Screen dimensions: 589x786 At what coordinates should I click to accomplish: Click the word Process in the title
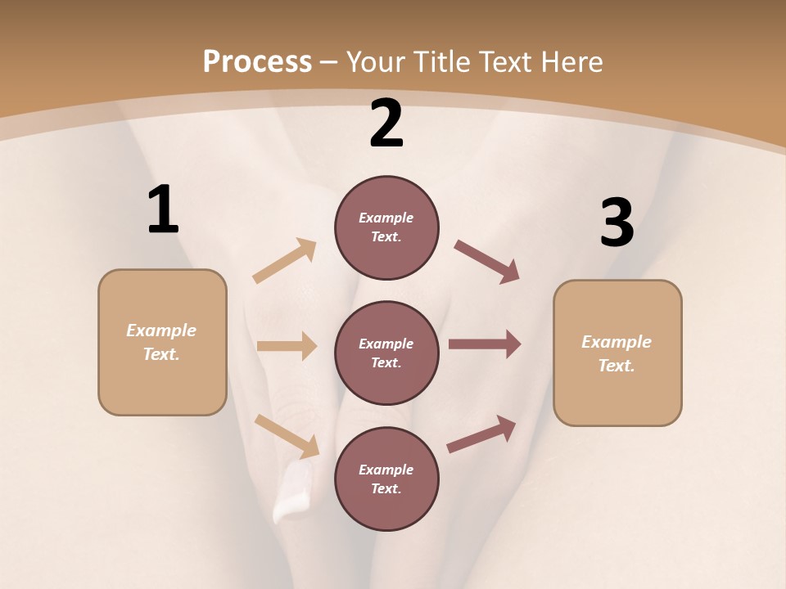point(257,62)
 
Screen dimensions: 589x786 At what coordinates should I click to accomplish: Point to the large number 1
point(163,210)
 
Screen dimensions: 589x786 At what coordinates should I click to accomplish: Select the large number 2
point(386,124)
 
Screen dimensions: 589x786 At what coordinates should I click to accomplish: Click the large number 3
point(617,223)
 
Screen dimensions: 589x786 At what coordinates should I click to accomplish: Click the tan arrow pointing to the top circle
point(285,261)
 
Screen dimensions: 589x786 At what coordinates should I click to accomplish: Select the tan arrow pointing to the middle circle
point(287,346)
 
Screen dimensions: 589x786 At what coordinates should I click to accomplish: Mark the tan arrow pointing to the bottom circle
point(287,435)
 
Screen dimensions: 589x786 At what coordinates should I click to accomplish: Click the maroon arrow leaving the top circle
point(487,261)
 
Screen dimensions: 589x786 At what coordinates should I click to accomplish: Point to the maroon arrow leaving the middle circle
point(485,344)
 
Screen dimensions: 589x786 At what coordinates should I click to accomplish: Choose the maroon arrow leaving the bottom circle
point(481,434)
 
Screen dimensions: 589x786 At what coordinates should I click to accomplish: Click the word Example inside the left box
point(161,330)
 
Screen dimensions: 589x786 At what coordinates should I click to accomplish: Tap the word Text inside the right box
point(616,366)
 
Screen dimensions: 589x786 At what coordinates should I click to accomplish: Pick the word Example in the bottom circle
point(386,470)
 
